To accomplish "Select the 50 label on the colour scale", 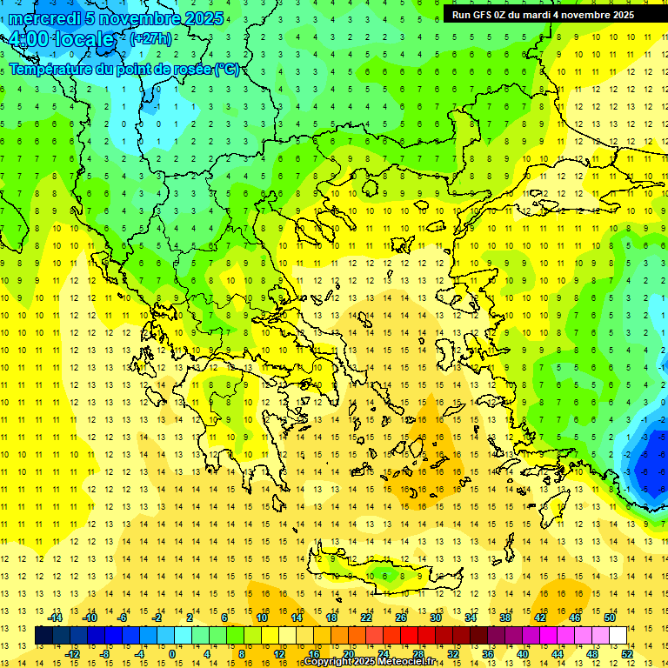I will pos(609,618).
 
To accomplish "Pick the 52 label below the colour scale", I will pos(627,654).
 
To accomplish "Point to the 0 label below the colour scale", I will pos(171,654).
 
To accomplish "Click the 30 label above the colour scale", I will pos(435,618).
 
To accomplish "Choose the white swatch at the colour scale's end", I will pos(618,636).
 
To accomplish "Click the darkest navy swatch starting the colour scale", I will pos(43,636).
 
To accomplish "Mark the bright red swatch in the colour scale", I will pos(409,636).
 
